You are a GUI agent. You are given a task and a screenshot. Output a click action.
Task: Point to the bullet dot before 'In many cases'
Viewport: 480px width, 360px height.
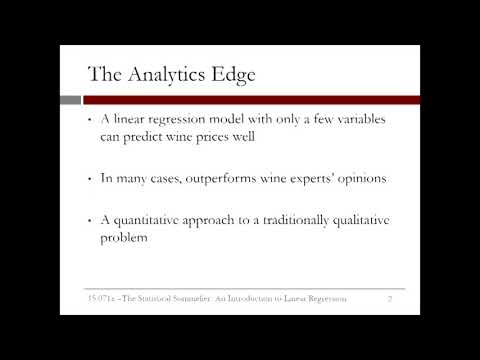(91, 180)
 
